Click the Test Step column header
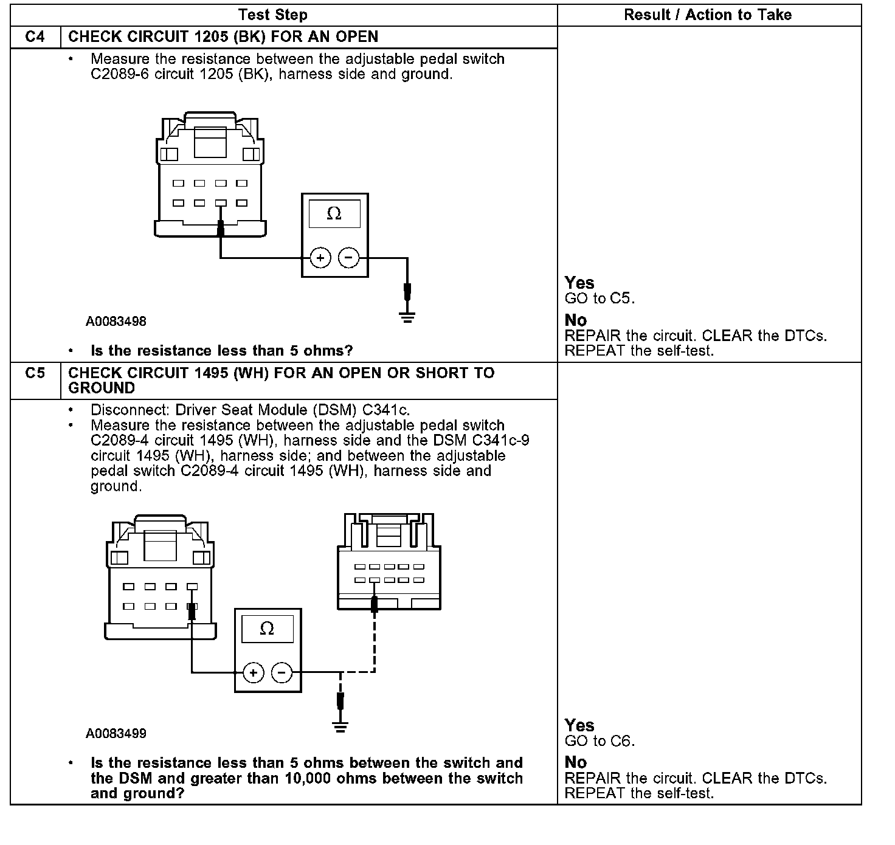click(x=273, y=15)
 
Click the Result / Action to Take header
click(x=708, y=15)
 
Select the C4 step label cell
click(x=35, y=36)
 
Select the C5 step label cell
click(x=35, y=373)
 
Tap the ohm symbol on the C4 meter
click(x=334, y=213)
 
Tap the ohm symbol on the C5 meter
click(x=267, y=629)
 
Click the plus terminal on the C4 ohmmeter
click(x=320, y=258)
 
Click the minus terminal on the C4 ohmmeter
click(x=348, y=258)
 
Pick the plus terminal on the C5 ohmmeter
click(x=253, y=672)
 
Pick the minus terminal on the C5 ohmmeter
click(x=281, y=672)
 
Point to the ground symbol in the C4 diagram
click(x=407, y=317)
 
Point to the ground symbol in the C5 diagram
click(x=340, y=726)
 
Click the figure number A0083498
click(x=116, y=321)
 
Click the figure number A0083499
click(x=116, y=734)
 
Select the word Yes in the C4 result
click(x=579, y=283)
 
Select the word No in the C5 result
click(x=576, y=762)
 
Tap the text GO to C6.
click(x=600, y=741)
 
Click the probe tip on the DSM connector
click(x=375, y=603)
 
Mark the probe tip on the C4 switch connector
click(x=220, y=229)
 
